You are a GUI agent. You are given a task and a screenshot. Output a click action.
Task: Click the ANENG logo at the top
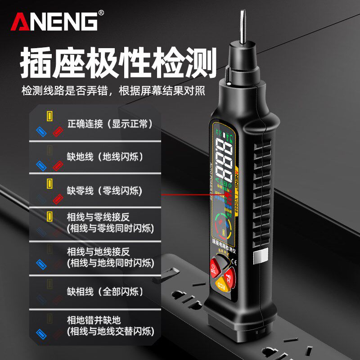coord(54,21)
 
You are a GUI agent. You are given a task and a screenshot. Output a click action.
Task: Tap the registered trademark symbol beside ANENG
coord(101,13)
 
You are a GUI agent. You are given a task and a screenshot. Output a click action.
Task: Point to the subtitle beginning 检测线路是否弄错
coord(113,91)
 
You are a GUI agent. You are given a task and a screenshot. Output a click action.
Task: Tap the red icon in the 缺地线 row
coord(58,165)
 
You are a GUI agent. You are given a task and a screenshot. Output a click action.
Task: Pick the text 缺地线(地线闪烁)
coord(104,157)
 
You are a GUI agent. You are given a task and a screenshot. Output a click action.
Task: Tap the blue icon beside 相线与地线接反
coord(41,264)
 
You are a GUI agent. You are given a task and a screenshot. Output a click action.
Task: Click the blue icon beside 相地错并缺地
coord(41,334)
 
